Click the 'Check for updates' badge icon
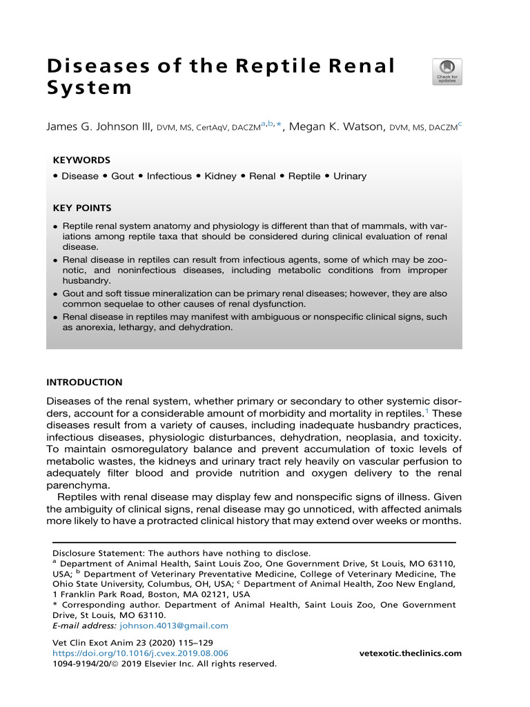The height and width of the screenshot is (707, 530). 447,71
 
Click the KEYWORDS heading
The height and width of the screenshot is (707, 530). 81,159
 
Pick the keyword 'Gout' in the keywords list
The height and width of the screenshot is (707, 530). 122,176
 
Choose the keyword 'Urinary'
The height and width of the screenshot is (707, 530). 350,176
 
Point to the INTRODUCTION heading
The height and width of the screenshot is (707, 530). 84,382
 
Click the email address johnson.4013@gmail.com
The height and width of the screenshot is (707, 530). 174,626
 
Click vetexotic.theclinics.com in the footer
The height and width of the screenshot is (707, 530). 411,653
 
